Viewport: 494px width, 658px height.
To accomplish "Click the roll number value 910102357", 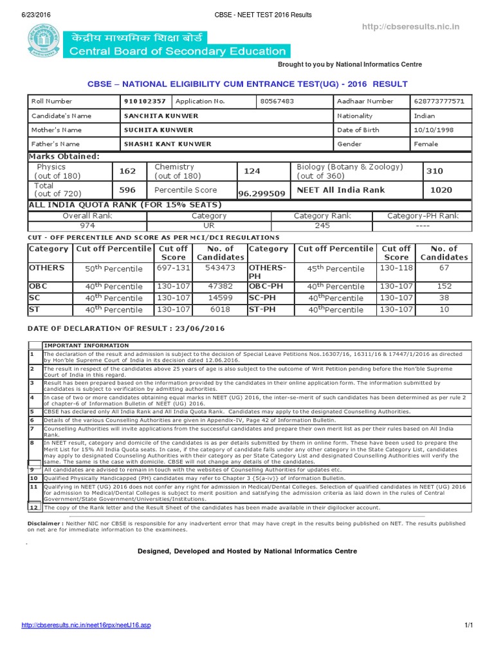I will click(x=145, y=102).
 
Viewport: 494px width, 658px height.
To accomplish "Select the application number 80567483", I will click(x=277, y=102).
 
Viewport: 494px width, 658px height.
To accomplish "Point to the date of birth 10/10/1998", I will click(x=434, y=130).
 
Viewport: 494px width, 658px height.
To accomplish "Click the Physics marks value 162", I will click(x=127, y=171).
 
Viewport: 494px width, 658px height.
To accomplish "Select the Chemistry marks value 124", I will click(x=252, y=171).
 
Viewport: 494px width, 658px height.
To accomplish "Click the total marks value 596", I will click(x=127, y=190).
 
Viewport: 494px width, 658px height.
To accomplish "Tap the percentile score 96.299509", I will click(x=262, y=193).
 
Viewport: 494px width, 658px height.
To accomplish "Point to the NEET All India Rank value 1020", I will click(x=441, y=190).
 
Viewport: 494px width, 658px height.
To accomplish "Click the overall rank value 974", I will click(x=87, y=226).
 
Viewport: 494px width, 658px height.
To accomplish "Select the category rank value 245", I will click(x=322, y=226).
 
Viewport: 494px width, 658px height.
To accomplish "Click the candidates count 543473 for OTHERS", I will click(x=219, y=268).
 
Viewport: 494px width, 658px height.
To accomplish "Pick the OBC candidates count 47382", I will click(x=219, y=286).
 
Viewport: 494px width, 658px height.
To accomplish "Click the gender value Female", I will click(x=426, y=144).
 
